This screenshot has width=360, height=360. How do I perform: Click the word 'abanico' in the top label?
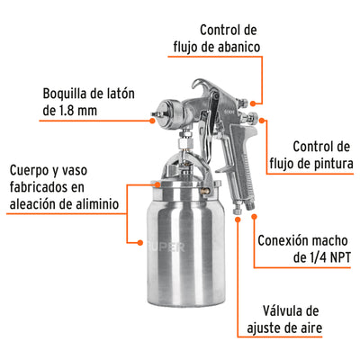238,47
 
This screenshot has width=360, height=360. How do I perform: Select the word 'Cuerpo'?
29,171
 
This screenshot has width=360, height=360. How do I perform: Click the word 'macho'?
329,240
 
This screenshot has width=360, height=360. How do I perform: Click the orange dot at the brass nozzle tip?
152,121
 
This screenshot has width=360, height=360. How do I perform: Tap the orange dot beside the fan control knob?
253,103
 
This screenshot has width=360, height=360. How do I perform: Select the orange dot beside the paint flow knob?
262,121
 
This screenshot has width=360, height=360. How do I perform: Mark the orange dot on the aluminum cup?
139,242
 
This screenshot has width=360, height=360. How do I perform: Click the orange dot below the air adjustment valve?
238,220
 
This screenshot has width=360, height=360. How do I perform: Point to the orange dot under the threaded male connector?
254,216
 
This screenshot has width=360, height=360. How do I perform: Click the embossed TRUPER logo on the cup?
166,247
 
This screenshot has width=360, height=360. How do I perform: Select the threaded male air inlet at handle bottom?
249,206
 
